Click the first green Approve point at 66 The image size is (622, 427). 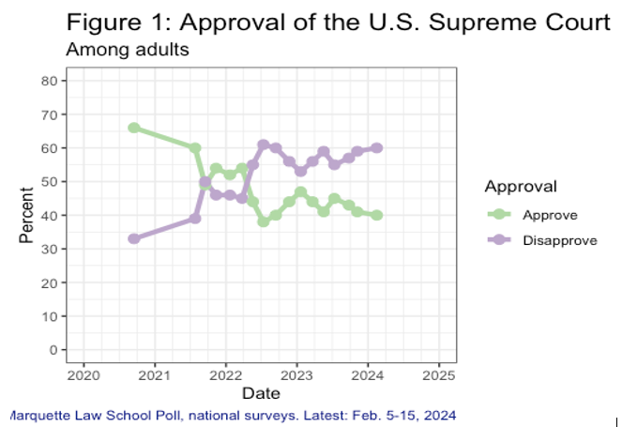134,128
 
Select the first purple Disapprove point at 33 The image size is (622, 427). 134,238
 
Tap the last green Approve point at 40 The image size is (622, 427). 376,215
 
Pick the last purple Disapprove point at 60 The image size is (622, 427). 376,147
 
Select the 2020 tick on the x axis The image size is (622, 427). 83,374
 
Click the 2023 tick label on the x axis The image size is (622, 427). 296,374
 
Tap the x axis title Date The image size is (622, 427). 260,392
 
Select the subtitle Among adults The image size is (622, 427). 127,50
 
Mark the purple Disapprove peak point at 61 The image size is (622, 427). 264,145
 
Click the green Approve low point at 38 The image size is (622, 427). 264,221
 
